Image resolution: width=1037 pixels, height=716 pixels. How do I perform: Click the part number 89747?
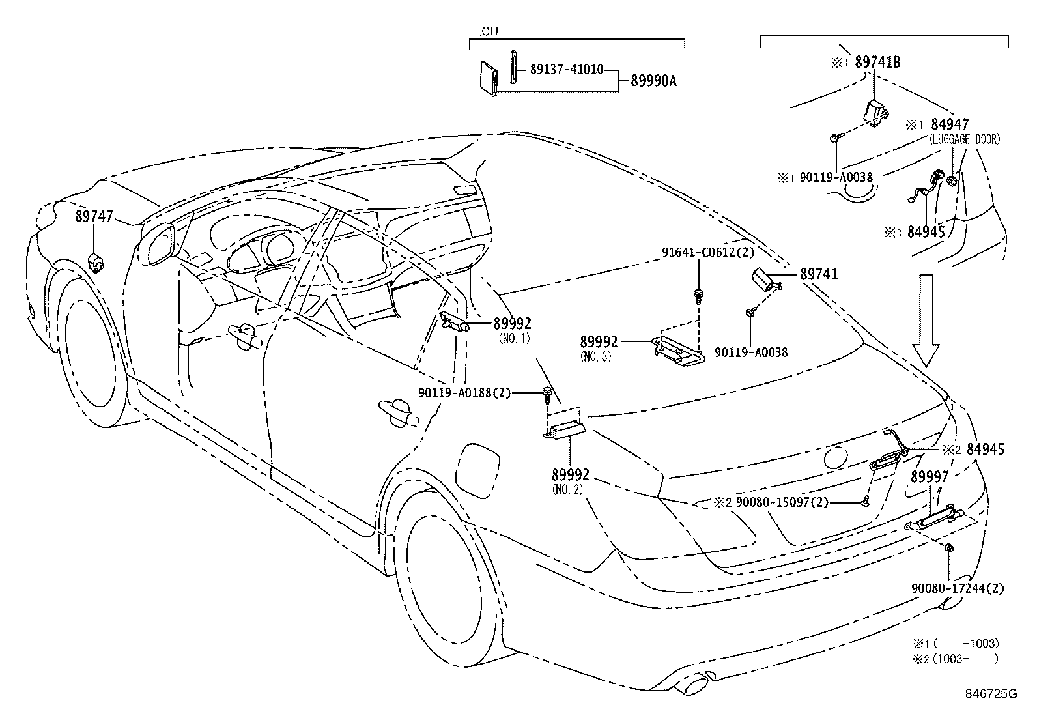tap(94, 217)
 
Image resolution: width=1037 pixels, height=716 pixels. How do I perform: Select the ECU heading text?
tap(484, 31)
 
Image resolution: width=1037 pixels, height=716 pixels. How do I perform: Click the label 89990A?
tap(653, 81)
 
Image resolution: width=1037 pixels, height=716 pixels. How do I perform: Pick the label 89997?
tap(930, 477)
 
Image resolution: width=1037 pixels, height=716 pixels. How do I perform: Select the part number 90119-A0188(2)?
tap(464, 392)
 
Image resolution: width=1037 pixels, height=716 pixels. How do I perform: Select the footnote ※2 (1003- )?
tap(955, 658)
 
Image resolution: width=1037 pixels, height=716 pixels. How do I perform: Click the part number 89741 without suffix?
tap(818, 275)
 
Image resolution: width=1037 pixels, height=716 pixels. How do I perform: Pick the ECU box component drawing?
tap(489, 78)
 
